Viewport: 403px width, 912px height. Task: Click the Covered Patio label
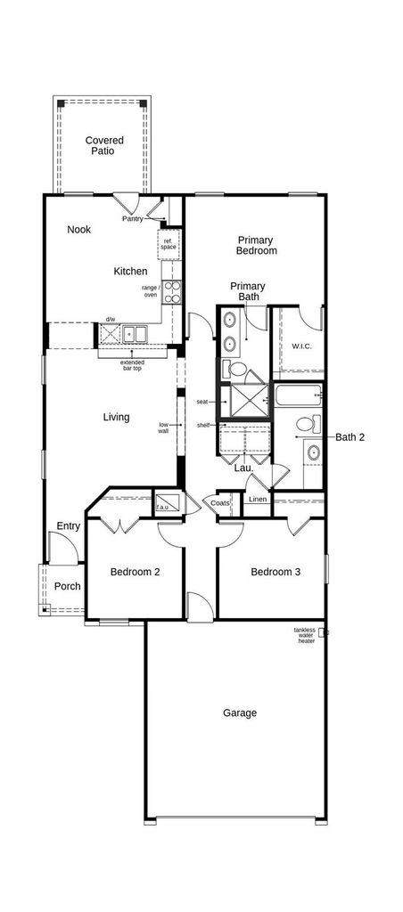[x=104, y=145]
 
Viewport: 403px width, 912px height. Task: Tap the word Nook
[x=78, y=229]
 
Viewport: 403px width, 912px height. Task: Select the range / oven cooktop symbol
[x=172, y=291]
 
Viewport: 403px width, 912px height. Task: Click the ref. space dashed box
[x=169, y=244]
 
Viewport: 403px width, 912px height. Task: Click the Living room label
[x=117, y=417]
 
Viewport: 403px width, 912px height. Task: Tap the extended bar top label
[x=132, y=364]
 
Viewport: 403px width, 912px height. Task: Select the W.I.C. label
[x=301, y=346]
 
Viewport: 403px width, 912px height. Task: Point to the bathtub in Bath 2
[x=298, y=395]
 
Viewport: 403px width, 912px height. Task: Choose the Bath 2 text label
[x=350, y=436]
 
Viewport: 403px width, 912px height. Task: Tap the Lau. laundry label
[x=243, y=468]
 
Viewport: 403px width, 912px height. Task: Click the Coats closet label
[x=220, y=503]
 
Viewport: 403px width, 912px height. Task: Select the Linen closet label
[x=258, y=499]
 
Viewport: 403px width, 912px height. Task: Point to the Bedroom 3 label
[x=276, y=572]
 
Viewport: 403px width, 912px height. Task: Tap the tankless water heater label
[x=305, y=635]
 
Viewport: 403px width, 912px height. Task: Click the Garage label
[x=239, y=712]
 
